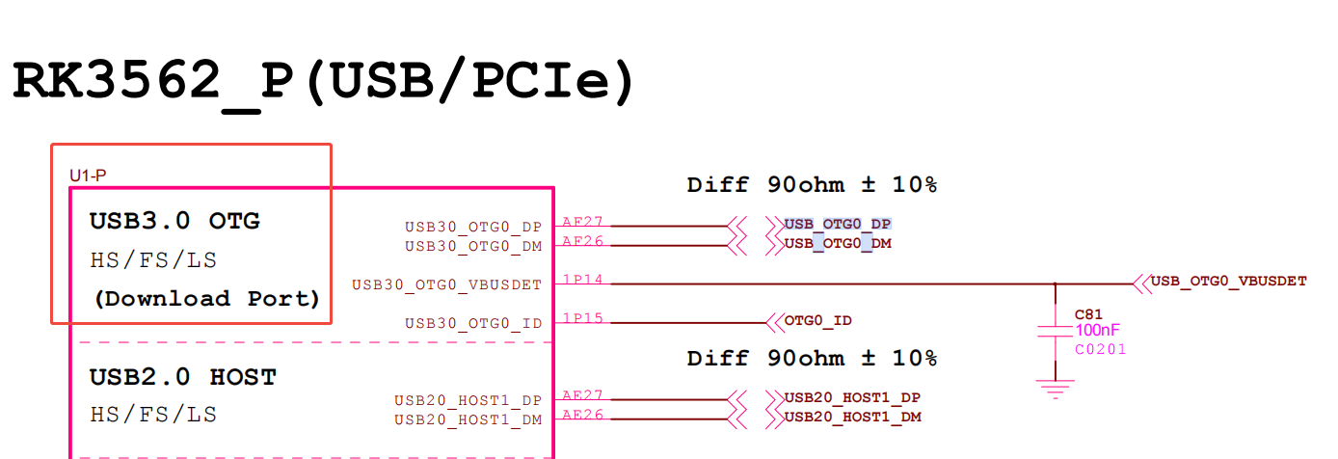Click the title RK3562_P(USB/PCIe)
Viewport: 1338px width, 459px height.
click(x=324, y=82)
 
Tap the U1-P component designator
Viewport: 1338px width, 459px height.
click(x=88, y=175)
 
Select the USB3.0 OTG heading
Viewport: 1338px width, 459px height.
click(x=174, y=221)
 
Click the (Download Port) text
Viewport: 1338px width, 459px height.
click(x=206, y=298)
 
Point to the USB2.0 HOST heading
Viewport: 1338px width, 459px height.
click(x=183, y=376)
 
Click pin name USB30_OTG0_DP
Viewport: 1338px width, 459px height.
click(x=472, y=228)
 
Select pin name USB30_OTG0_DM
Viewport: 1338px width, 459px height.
click(x=472, y=246)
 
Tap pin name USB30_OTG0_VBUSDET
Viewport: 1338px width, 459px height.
click(x=446, y=284)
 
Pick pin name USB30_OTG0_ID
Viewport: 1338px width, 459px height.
click(x=472, y=323)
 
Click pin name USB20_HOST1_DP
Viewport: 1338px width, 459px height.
click(x=468, y=400)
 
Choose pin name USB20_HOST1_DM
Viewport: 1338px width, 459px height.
click(x=468, y=419)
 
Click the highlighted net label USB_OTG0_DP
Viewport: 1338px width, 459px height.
click(x=838, y=224)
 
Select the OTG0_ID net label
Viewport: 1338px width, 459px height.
click(x=817, y=320)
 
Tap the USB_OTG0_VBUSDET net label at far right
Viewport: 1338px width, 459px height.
click(x=1229, y=281)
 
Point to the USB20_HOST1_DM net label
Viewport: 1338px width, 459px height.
click(x=852, y=417)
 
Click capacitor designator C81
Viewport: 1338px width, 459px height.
click(x=1087, y=314)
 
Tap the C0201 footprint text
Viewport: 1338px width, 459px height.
click(x=1100, y=349)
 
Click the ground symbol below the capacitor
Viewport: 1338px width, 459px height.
click(x=1056, y=389)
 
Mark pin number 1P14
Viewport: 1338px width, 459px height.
click(x=582, y=280)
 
